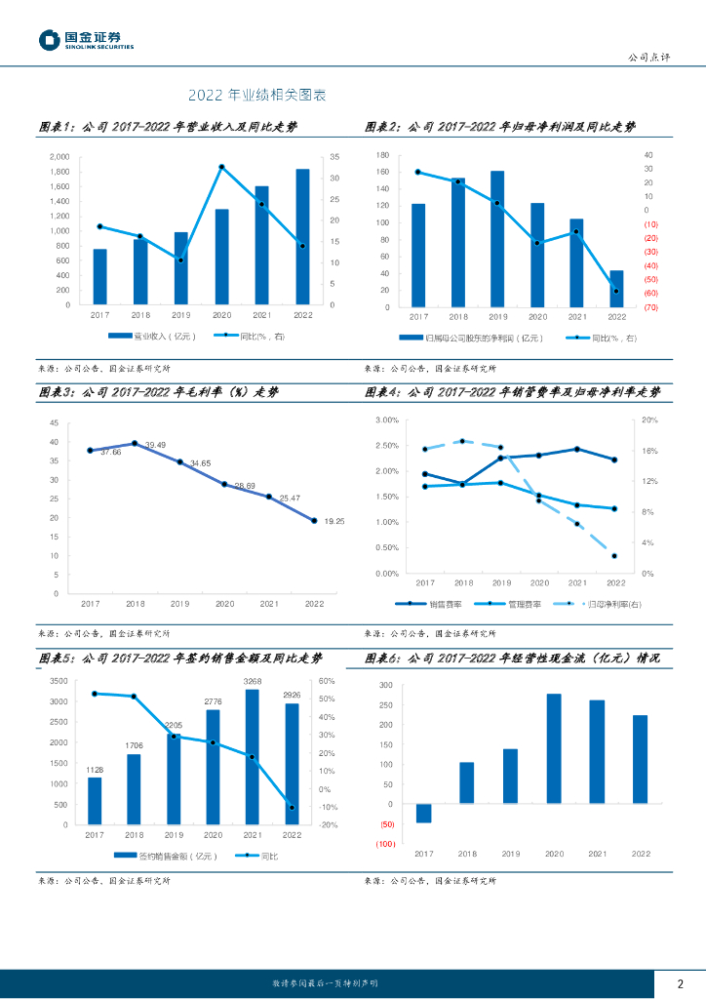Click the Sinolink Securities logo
tap(86, 40)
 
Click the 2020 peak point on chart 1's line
tap(221, 167)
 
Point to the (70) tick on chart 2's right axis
tap(650, 307)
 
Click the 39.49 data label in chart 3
tap(155, 445)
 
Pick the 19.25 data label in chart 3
tap(333, 522)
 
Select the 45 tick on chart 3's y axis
tap(54, 423)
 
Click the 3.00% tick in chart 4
tap(387, 420)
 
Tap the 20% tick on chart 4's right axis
tap(649, 420)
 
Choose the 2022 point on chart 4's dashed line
tap(614, 556)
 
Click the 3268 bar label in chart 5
tap(253, 681)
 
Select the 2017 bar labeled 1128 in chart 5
tap(95, 801)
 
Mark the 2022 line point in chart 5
tap(292, 807)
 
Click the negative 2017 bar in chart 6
tap(423, 813)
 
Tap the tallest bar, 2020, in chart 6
tap(554, 748)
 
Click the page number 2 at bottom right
tap(680, 982)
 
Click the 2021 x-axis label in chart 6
tap(597, 854)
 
